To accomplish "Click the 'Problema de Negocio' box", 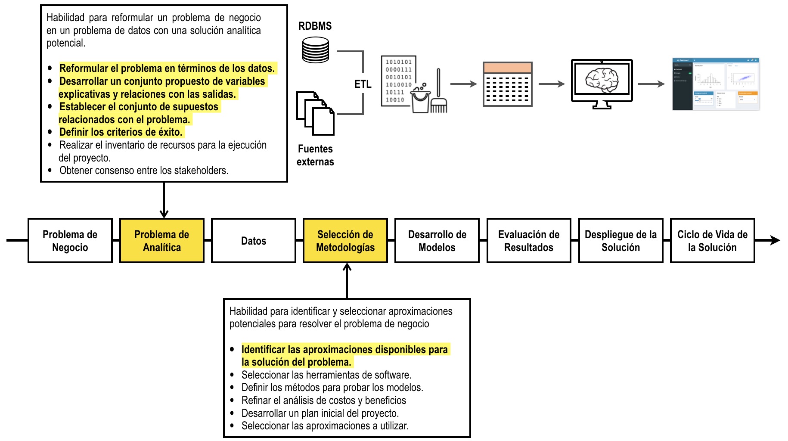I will tap(70, 241).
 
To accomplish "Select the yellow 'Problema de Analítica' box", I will tap(161, 241).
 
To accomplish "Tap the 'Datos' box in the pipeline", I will tap(254, 241).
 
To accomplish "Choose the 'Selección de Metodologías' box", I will tap(345, 241).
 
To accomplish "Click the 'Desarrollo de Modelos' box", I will tap(437, 241).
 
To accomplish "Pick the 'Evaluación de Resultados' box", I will tap(529, 241).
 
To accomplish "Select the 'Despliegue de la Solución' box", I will tap(620, 241).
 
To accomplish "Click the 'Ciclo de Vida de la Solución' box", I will tap(712, 241).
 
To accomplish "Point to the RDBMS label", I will tap(315, 26).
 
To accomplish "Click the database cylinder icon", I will tap(315, 50).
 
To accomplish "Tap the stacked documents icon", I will tap(315, 113).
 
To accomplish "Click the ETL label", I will tap(363, 84).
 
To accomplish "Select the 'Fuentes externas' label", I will tap(315, 155).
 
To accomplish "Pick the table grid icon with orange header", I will tap(507, 84).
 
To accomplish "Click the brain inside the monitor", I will tap(602, 81).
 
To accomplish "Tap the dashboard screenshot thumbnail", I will tap(716, 84).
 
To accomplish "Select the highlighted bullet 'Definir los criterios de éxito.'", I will tap(121, 132).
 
